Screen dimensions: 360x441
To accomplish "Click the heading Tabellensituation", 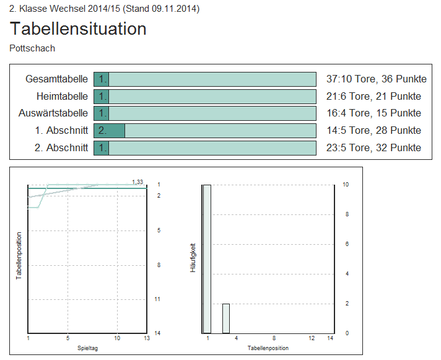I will click(x=79, y=29).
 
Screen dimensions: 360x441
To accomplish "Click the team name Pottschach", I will click(x=33, y=48).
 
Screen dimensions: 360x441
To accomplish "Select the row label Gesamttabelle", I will click(x=56, y=79).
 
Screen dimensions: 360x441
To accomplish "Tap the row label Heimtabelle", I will click(x=62, y=96).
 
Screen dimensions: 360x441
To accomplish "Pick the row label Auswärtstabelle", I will click(x=53, y=113).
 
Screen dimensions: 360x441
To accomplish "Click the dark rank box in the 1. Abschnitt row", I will click(x=109, y=130).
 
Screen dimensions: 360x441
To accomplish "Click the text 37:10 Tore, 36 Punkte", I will click(x=376, y=79).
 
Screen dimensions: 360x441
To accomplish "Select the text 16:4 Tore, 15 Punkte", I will click(x=373, y=113).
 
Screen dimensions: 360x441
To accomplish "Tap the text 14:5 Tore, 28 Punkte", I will click(x=373, y=130).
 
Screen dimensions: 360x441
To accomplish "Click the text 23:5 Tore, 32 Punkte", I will click(x=373, y=147).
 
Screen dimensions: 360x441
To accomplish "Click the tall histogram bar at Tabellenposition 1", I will click(x=207, y=258).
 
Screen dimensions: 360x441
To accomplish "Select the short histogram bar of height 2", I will click(x=226, y=318).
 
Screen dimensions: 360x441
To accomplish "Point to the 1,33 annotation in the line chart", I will click(x=138, y=182).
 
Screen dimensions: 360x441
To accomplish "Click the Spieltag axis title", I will click(x=87, y=348).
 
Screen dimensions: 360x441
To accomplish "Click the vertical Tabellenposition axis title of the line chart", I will click(x=19, y=256).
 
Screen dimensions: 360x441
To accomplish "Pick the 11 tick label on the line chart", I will click(x=159, y=299).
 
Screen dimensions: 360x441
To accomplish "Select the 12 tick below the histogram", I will click(x=312, y=338).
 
